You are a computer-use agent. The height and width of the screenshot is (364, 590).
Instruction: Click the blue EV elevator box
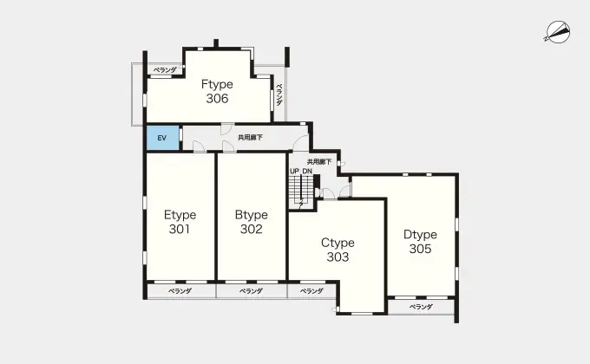pos(162,138)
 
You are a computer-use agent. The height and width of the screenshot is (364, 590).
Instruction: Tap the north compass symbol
pos(558,32)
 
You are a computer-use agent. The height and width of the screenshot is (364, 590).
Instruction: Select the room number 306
pos(217,99)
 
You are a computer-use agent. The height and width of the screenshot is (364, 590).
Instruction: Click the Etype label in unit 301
pos(180,215)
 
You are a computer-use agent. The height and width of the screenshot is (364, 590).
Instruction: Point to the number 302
pos(251,229)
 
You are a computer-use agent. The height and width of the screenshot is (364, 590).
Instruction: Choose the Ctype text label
pos(338,243)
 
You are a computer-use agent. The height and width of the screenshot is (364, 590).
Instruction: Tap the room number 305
pos(420,249)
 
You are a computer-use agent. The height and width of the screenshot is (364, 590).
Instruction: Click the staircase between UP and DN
pos(301,191)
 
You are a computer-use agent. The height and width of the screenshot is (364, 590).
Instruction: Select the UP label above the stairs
pos(295,171)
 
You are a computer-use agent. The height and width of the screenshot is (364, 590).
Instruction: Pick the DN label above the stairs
pos(307,171)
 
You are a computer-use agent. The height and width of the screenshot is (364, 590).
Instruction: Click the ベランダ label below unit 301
pos(180,291)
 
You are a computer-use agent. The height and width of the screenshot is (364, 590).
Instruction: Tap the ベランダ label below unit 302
pos(251,291)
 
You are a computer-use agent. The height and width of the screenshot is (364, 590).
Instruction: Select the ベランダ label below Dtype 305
pos(421,307)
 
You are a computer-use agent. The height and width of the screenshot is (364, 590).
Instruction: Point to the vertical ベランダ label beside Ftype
pos(279,94)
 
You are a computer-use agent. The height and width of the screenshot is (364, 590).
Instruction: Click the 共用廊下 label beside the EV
pos(250,138)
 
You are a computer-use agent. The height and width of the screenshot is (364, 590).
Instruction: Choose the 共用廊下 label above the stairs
pos(319,162)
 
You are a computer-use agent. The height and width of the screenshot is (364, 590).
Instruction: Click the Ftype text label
pos(217,84)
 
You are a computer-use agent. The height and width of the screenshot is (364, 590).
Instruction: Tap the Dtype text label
pos(420,235)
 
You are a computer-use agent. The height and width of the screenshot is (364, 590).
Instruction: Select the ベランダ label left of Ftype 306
pos(165,70)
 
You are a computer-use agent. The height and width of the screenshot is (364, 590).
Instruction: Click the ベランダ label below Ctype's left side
pos(312,291)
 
